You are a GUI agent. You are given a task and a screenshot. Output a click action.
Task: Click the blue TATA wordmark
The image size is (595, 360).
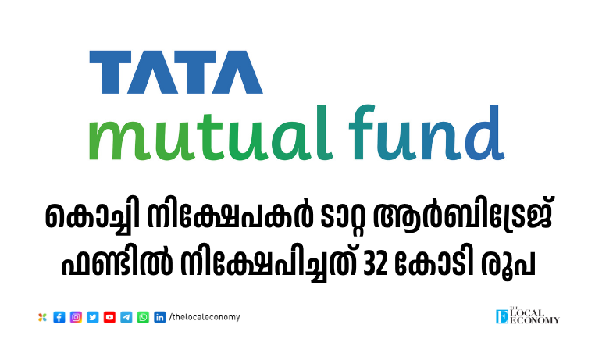tap(176, 72)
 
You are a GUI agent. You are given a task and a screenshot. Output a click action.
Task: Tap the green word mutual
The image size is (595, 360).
tap(211, 134)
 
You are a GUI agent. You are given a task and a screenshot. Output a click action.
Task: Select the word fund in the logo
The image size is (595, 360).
tap(426, 134)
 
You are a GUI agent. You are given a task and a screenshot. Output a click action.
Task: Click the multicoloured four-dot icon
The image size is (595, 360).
tap(42, 317)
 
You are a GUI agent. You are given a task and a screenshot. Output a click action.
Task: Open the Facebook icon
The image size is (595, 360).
tap(59, 317)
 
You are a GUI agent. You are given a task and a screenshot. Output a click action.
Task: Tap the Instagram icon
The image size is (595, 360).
tap(76, 317)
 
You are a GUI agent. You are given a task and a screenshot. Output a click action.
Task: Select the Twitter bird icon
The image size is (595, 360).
tap(93, 317)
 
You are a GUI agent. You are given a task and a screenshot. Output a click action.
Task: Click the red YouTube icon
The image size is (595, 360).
tap(109, 317)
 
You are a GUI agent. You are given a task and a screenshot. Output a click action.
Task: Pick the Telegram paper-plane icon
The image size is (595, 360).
tap(126, 317)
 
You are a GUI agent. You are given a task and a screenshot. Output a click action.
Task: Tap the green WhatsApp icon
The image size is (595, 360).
tap(143, 317)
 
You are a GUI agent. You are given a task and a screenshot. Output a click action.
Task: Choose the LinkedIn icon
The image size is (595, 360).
tap(160, 317)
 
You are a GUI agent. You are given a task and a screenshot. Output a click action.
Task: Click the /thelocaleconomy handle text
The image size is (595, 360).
tap(205, 317)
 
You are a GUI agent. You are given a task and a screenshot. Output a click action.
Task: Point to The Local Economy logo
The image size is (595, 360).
tap(527, 315)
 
